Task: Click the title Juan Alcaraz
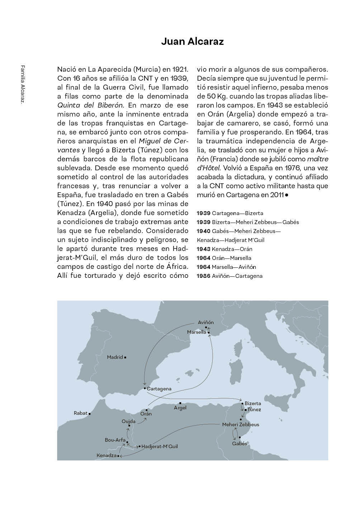point(192,42)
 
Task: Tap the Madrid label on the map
point(115,357)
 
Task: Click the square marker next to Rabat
point(89,414)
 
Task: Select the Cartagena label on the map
point(159,389)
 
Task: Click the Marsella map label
point(196,332)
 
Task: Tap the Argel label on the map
point(180,408)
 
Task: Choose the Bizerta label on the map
point(253,404)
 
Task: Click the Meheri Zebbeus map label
point(240,424)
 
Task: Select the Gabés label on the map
point(240,443)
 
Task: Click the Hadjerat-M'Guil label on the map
point(160,447)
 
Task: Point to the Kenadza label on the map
point(106,456)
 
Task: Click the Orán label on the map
point(146,414)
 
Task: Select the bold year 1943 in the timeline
point(204,249)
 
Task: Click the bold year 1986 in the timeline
point(204,276)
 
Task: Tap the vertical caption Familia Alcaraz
point(23,85)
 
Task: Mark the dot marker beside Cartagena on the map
point(144,388)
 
